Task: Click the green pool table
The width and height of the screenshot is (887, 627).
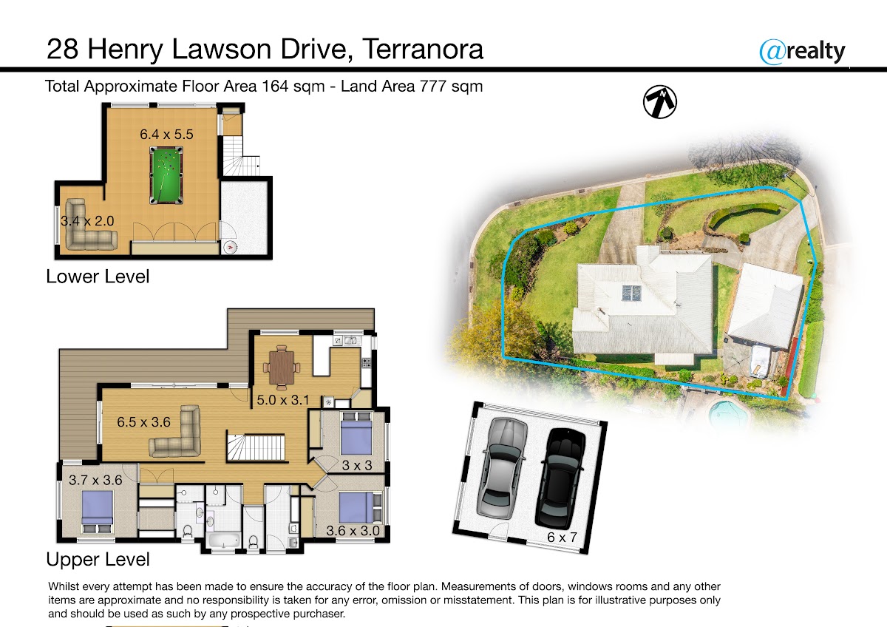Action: point(166,175)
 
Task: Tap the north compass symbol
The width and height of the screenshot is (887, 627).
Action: point(659,102)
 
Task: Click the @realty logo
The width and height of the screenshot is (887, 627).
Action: point(802,52)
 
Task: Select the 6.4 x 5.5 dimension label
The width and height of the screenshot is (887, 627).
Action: point(166,135)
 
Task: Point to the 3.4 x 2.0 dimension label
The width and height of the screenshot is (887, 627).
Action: point(87,221)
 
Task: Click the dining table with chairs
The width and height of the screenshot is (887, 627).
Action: point(282,367)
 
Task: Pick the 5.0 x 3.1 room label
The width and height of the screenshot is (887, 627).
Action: point(282,400)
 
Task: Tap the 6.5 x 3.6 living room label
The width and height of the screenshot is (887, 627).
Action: point(143,422)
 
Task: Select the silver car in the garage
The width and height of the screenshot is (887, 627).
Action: point(503,468)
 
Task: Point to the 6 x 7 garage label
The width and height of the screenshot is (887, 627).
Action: point(562,537)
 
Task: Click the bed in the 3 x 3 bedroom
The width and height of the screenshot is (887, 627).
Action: point(356,433)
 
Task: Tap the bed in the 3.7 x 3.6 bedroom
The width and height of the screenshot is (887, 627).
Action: point(97,512)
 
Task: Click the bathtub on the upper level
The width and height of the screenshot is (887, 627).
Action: point(224,540)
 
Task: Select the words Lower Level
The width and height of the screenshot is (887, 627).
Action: point(98,277)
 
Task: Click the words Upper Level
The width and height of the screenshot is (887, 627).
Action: point(98,560)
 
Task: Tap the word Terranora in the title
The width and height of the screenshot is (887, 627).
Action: point(423,49)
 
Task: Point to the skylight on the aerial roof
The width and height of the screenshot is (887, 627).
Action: point(631,293)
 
